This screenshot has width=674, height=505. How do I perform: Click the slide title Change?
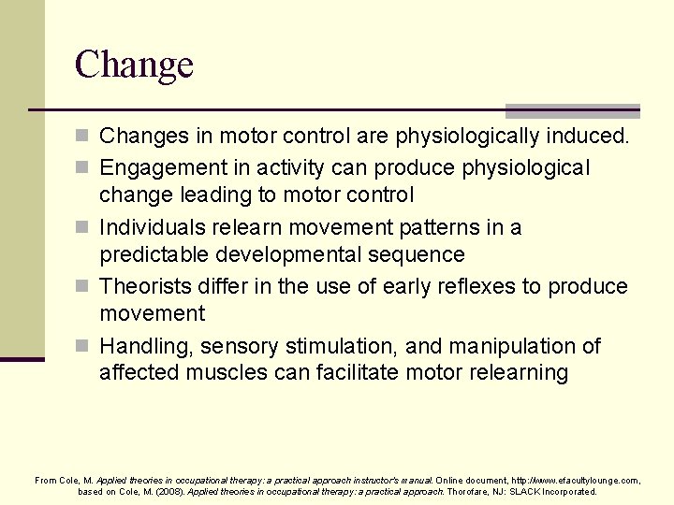(x=134, y=65)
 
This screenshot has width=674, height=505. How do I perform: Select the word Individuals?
(x=152, y=227)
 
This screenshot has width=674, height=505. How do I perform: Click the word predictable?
(x=154, y=254)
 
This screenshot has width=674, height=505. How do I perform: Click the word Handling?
(x=143, y=346)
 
